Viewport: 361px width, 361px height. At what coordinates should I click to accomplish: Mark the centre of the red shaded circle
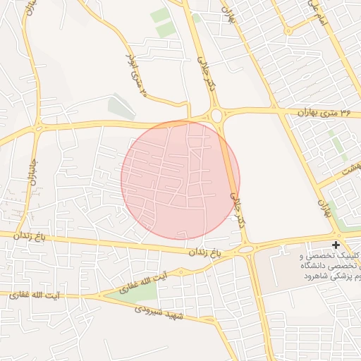(180, 180)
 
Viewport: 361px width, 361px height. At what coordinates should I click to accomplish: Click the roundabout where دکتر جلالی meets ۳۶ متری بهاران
(216, 114)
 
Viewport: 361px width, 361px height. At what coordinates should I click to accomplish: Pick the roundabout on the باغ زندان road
(245, 248)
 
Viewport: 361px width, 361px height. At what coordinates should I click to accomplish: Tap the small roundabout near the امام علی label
(288, 30)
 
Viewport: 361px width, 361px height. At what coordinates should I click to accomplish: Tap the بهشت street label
(350, 169)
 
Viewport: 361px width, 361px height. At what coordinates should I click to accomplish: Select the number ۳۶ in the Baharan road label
(345, 112)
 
